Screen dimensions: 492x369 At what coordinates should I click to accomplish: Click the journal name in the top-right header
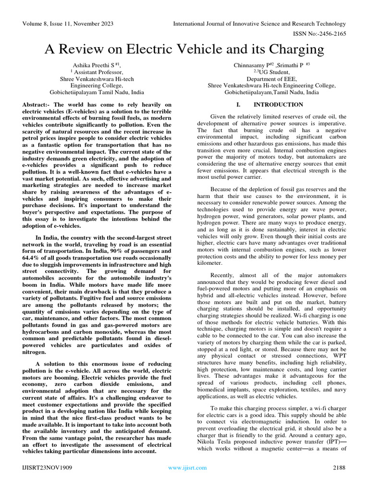(259, 24)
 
